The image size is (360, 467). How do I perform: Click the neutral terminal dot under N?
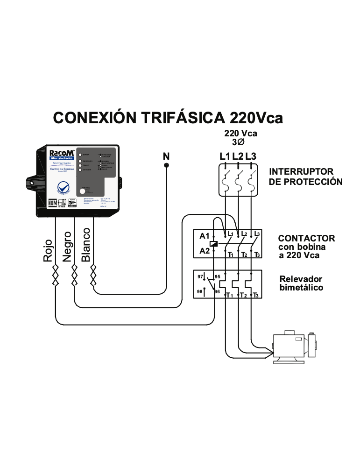[166, 165]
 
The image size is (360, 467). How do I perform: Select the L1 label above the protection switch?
[225, 156]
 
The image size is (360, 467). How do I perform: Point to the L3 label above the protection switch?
[251, 156]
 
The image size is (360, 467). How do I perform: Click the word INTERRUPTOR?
[301, 171]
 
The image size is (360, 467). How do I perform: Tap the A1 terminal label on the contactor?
[205, 236]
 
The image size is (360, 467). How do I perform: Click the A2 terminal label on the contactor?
[205, 251]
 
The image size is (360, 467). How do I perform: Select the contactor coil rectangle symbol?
[213, 243]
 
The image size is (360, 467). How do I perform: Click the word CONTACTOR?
[306, 238]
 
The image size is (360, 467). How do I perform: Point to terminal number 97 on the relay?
[201, 276]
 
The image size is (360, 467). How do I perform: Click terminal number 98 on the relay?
[201, 291]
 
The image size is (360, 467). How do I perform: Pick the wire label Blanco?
[86, 245]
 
